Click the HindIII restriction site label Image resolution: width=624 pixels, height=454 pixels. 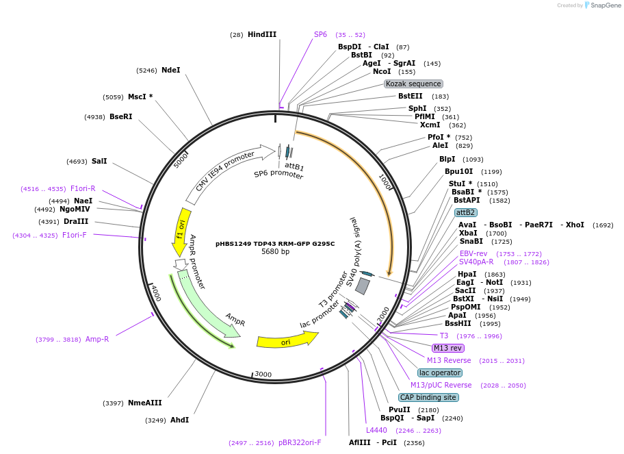coord(262,34)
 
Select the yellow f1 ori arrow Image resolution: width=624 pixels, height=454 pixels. coord(181,230)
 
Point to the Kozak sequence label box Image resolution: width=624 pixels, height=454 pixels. coord(414,84)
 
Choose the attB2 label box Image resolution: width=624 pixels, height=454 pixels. coord(465,212)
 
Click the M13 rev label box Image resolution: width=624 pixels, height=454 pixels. coord(448,348)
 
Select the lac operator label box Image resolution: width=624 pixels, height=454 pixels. coord(440,373)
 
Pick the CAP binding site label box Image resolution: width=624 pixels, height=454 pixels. coord(428,397)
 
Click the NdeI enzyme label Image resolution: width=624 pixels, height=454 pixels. coord(170,70)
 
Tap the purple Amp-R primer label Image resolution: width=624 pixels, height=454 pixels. coord(97,339)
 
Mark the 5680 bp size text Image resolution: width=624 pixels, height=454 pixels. coord(275,252)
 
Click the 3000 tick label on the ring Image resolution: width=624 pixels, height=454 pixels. coord(263,375)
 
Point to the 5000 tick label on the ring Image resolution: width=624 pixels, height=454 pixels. coord(181,159)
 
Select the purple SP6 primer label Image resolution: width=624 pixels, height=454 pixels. coord(320,34)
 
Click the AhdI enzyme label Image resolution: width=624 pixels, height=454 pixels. coord(179,420)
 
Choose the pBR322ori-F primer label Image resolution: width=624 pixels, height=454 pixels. coord(300,442)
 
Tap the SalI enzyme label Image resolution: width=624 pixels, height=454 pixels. coord(99,162)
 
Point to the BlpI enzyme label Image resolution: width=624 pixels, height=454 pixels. coord(447,160)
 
